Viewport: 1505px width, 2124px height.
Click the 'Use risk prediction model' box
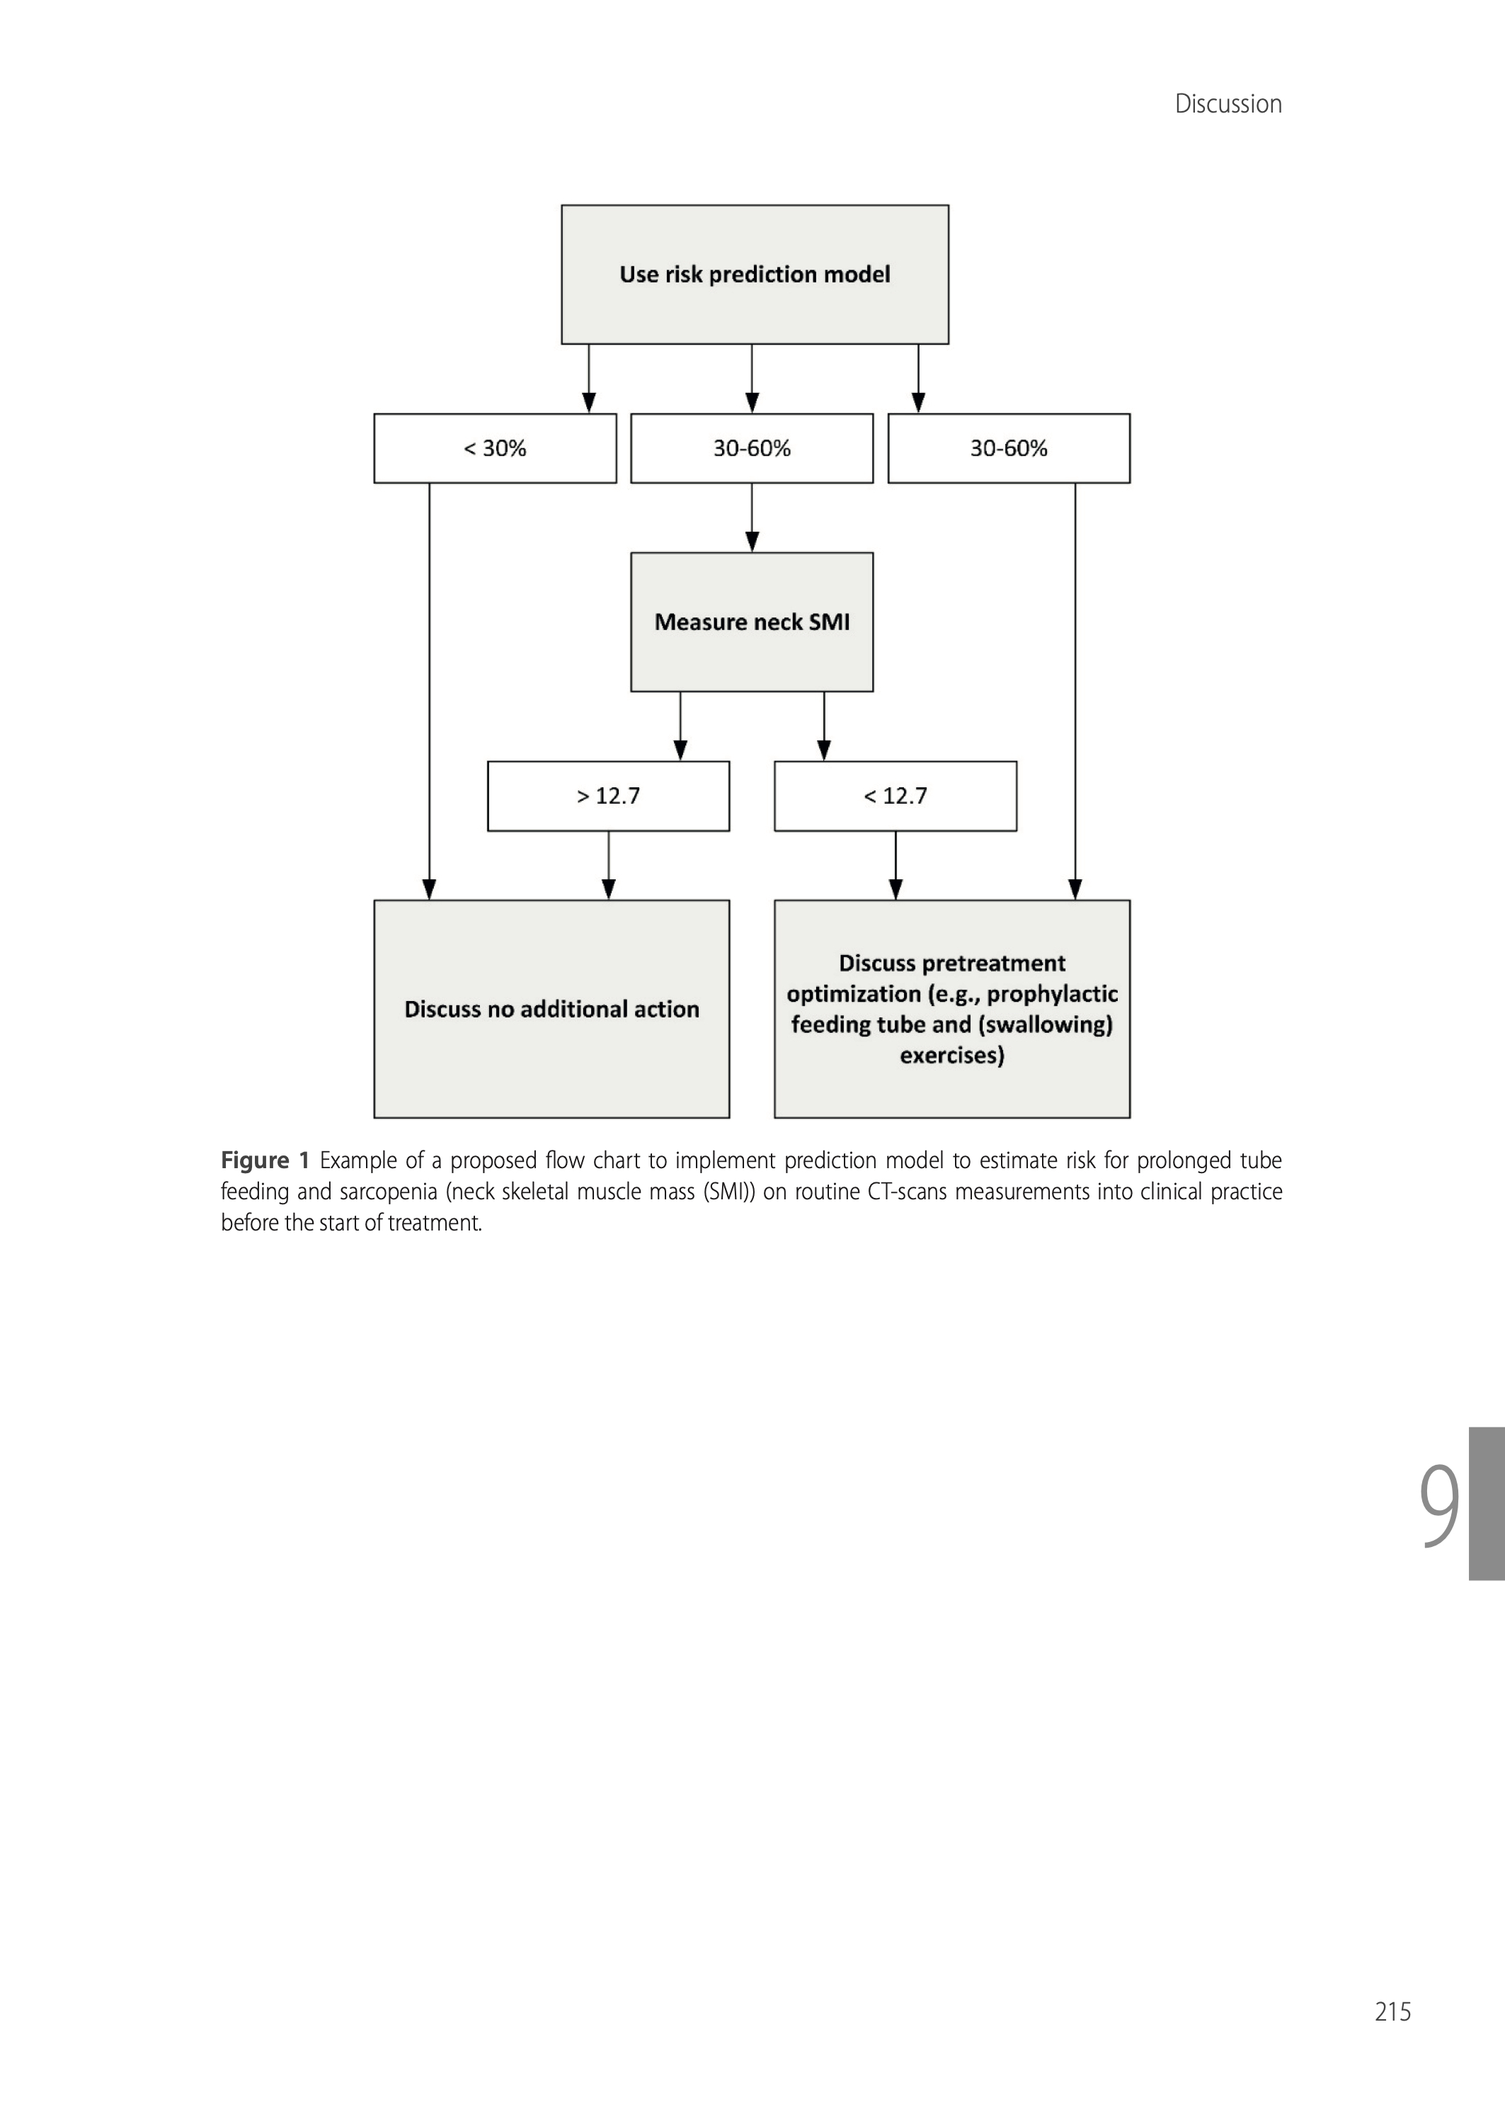pyautogui.click(x=755, y=274)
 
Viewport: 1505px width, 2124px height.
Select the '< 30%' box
pyautogui.click(x=495, y=449)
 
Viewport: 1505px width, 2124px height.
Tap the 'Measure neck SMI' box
pyautogui.click(x=752, y=622)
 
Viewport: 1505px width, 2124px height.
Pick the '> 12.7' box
pyautogui.click(x=608, y=796)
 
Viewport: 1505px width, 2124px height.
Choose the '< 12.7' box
pyautogui.click(x=895, y=796)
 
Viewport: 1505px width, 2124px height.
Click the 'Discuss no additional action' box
pyautogui.click(x=551, y=1009)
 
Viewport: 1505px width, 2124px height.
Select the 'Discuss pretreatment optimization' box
pyautogui.click(x=951, y=1009)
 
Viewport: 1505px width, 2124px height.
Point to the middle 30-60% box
pyautogui.click(x=752, y=449)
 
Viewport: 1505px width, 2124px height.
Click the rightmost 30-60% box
pyautogui.click(x=1008, y=449)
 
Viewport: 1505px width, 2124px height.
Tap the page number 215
pyautogui.click(x=1392, y=2011)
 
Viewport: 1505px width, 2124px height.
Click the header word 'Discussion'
pyautogui.click(x=1228, y=104)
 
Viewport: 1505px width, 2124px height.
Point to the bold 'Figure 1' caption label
pyautogui.click(x=265, y=1160)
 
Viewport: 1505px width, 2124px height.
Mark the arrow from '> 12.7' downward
pyautogui.click(x=608, y=866)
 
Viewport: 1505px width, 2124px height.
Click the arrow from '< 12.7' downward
pyautogui.click(x=895, y=866)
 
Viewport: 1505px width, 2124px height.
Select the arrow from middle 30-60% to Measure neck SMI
pyautogui.click(x=752, y=518)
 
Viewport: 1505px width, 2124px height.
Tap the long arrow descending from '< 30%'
pyautogui.click(x=429, y=691)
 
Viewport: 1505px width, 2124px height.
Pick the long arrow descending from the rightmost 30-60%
pyautogui.click(x=1075, y=691)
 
